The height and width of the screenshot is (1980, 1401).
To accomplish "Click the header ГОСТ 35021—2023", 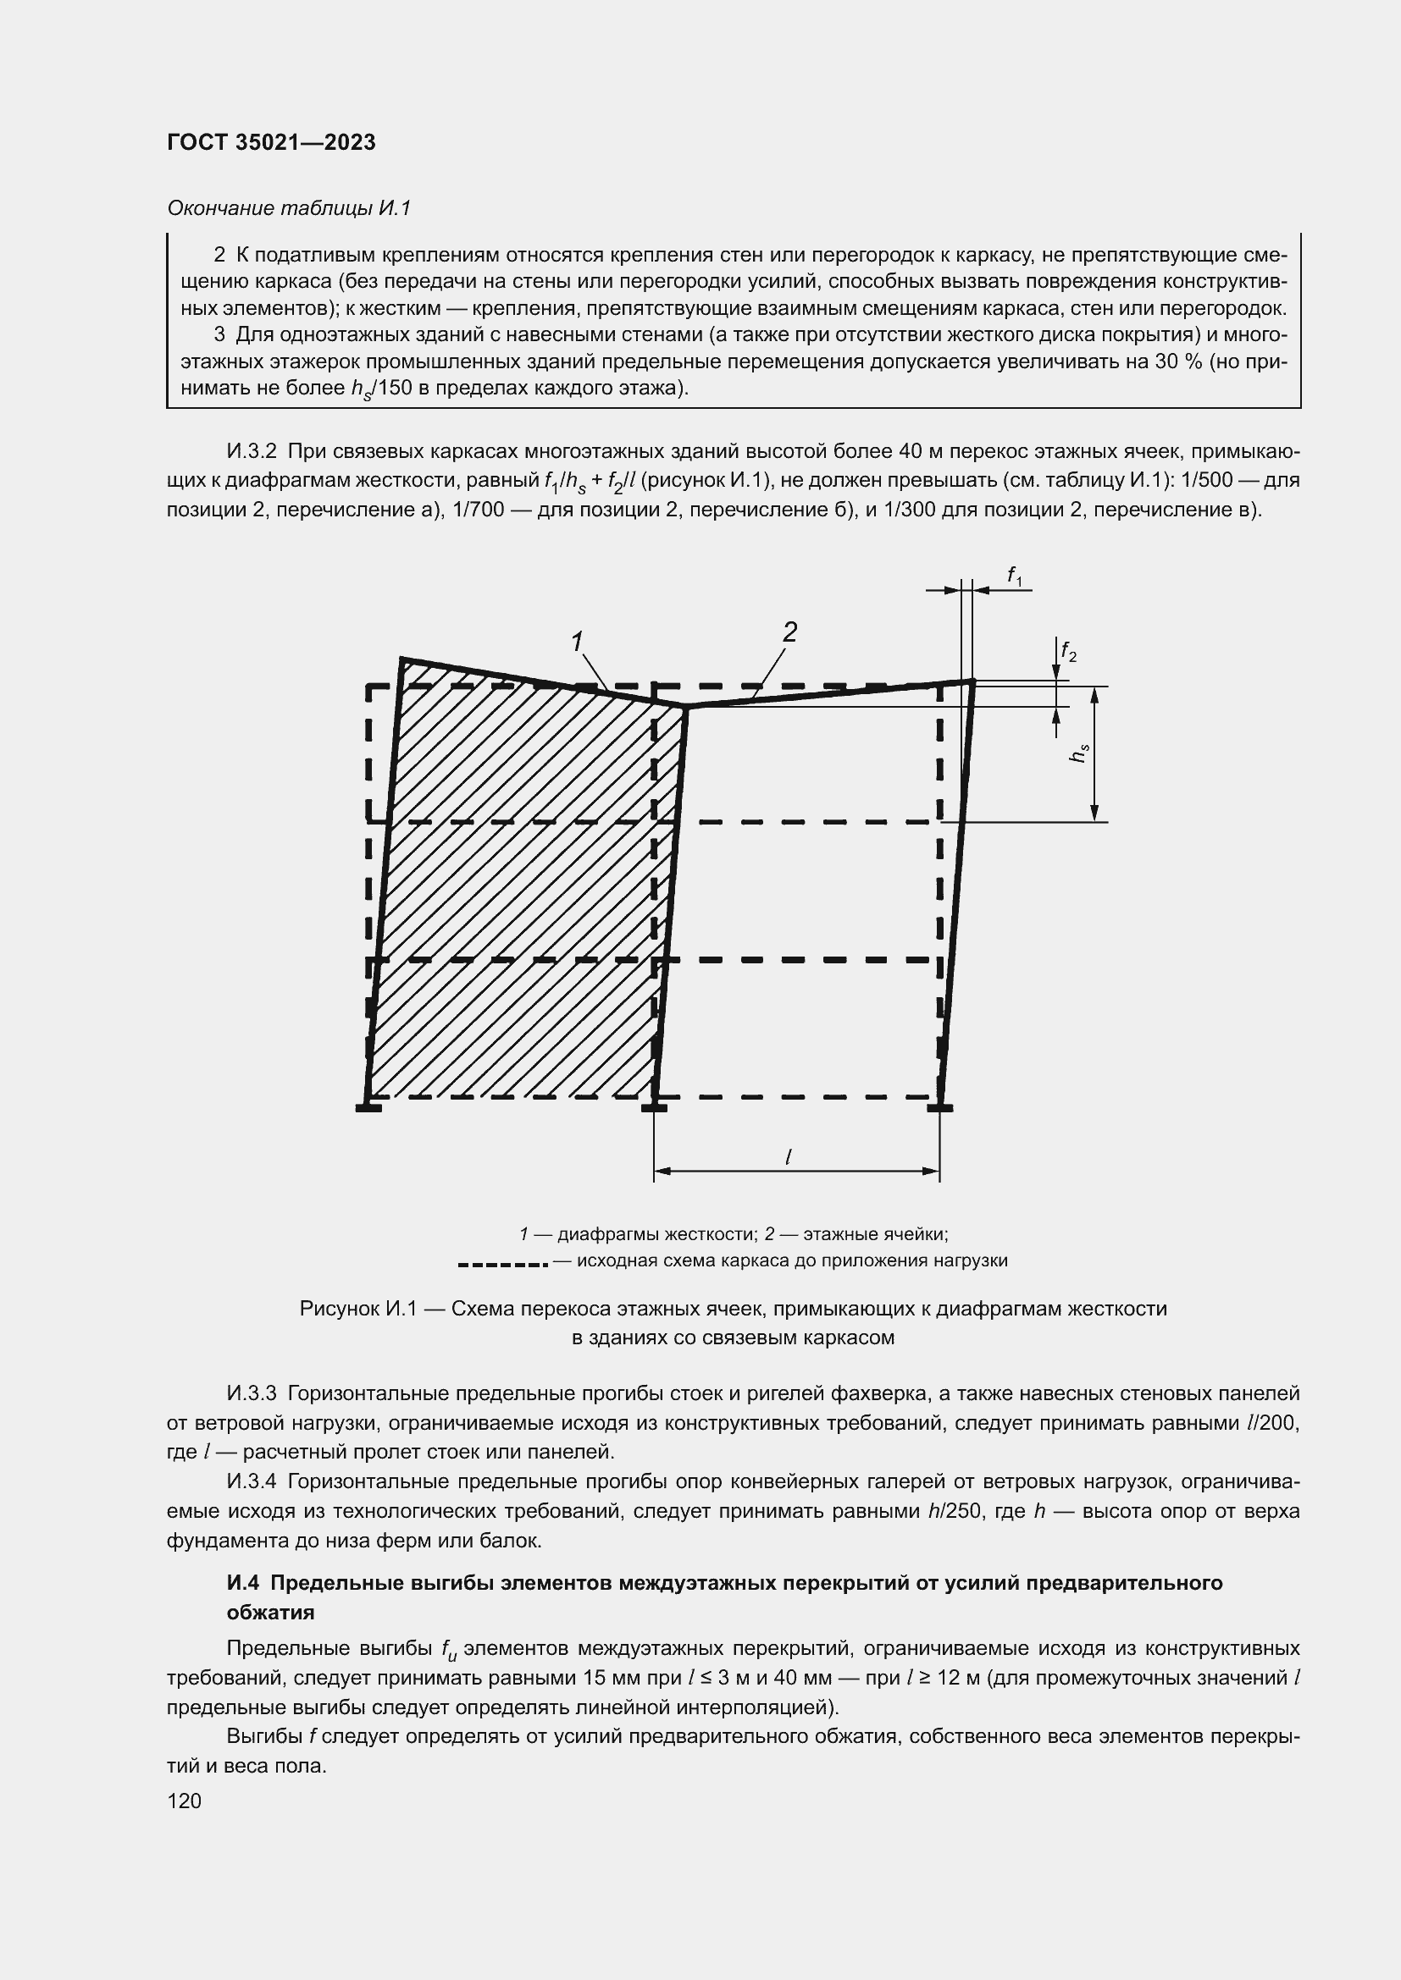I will coord(271,143).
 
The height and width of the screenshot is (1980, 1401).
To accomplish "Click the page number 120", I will coord(184,1801).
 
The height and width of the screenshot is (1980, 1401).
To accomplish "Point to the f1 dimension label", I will coord(1015,575).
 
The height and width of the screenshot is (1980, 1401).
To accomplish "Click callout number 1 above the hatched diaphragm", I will coord(577,642).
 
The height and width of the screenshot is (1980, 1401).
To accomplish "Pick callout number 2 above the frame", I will coord(789,633).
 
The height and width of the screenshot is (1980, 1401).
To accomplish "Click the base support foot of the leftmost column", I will coord(368,1108).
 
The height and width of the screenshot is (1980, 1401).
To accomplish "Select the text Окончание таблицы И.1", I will coord(288,208).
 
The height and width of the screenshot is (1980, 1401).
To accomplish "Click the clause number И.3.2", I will coord(251,452).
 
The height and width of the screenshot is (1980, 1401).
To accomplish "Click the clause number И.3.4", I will coord(251,1481).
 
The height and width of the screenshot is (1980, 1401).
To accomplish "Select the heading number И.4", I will coord(244,1583).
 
